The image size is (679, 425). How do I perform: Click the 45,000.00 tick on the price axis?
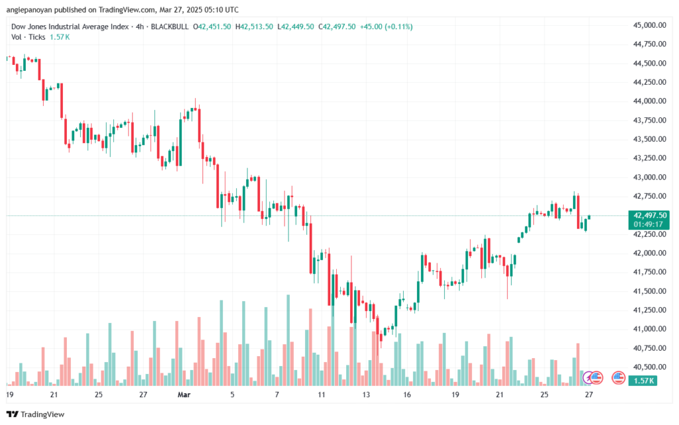coord(649,25)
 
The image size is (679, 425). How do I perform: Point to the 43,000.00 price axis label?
coord(649,177)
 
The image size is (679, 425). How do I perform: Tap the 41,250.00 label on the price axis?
coord(649,310)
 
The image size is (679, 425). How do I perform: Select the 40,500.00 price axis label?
coord(649,367)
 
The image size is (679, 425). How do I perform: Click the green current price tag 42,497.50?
coord(650,215)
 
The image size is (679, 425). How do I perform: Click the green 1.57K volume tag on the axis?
coord(643,381)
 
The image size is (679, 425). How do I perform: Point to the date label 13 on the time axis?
coord(366,395)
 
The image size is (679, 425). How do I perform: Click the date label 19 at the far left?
coord(9,395)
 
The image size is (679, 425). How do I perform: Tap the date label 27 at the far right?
coord(588,395)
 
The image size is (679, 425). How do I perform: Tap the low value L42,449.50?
coord(296,27)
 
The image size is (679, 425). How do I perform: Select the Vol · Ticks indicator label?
coord(29,37)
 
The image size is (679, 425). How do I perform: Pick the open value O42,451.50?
coord(212,27)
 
